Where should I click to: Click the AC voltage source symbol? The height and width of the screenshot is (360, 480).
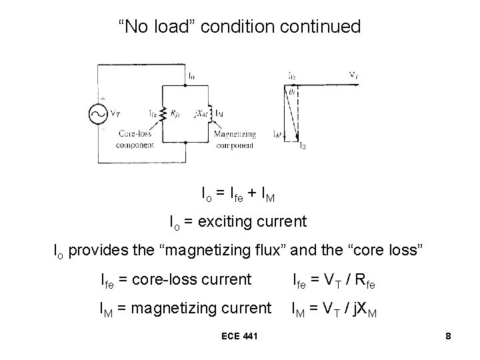tap(98, 113)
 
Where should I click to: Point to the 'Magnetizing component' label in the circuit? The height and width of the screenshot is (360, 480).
tap(234, 138)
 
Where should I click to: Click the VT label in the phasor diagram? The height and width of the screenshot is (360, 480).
tap(354, 74)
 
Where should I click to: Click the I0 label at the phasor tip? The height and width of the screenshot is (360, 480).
tap(303, 145)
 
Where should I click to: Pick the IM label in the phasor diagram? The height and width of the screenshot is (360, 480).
tap(277, 134)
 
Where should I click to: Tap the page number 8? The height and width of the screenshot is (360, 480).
tap(449, 337)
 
